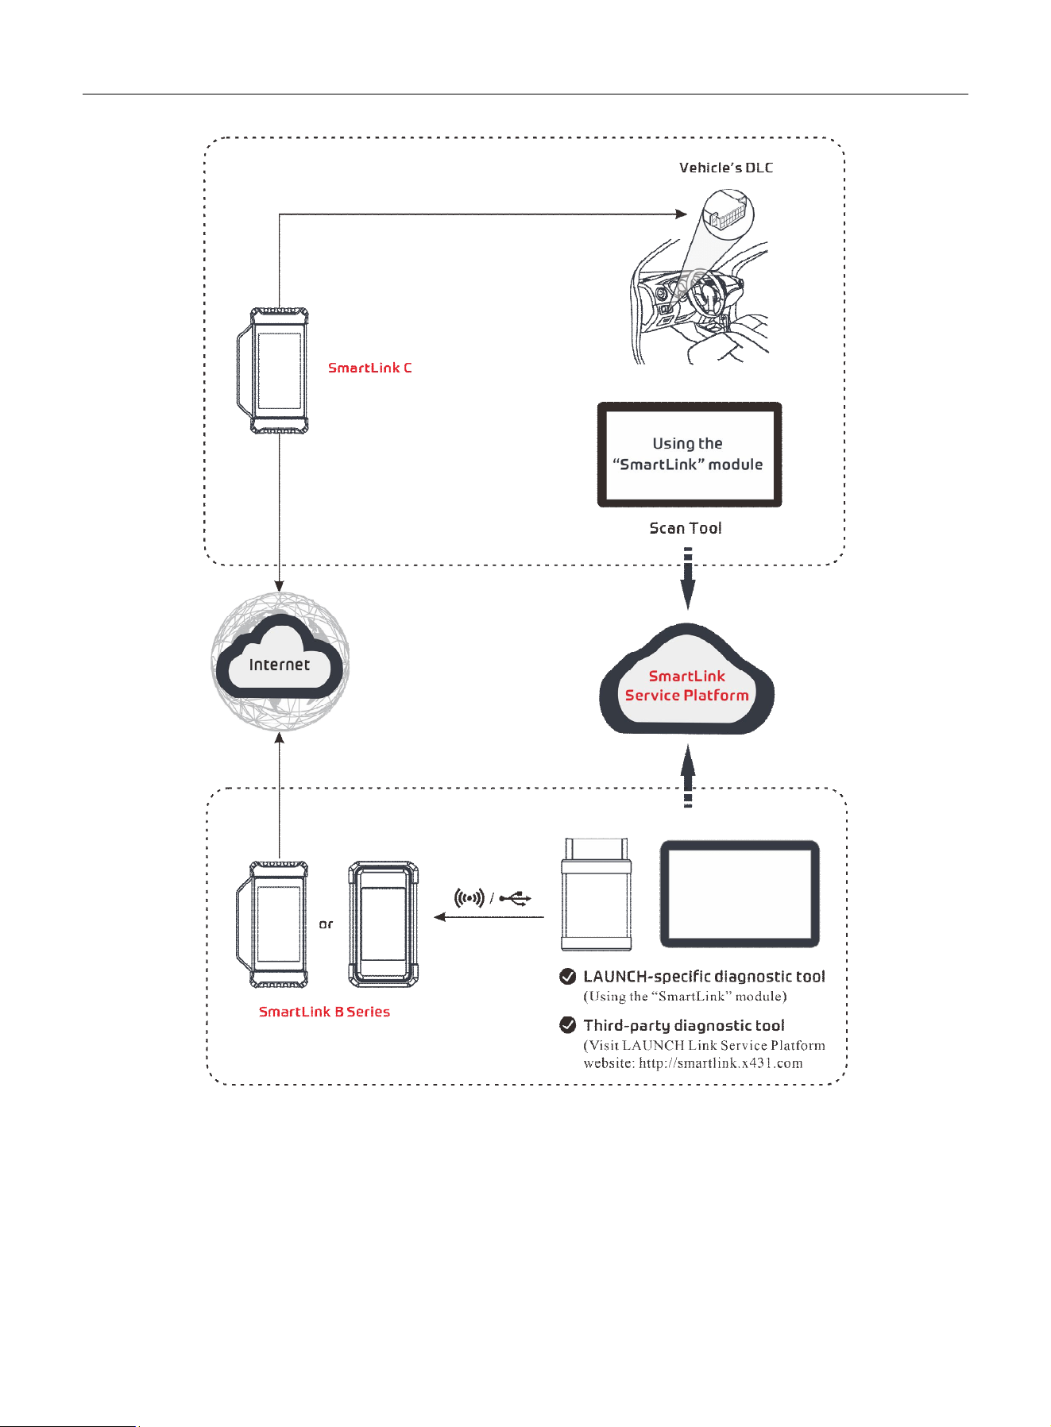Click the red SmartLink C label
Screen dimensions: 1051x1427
click(370, 368)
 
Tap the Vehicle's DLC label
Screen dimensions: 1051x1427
click(726, 168)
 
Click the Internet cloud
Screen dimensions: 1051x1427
click(280, 661)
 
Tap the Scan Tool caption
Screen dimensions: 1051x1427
click(686, 528)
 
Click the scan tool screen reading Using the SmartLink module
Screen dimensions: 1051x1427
click(690, 454)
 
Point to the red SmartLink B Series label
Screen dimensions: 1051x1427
click(324, 1012)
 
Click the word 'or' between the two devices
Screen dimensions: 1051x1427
click(327, 924)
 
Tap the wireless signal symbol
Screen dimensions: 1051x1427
click(469, 898)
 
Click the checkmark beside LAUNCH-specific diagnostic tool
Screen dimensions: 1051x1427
click(568, 977)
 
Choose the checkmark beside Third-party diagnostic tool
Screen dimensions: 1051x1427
click(568, 1025)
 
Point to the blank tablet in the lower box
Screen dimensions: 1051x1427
click(740, 893)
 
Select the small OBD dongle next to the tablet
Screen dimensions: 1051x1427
click(597, 893)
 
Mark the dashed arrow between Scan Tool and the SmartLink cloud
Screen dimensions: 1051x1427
click(688, 579)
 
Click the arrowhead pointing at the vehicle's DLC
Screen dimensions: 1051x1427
click(681, 214)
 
